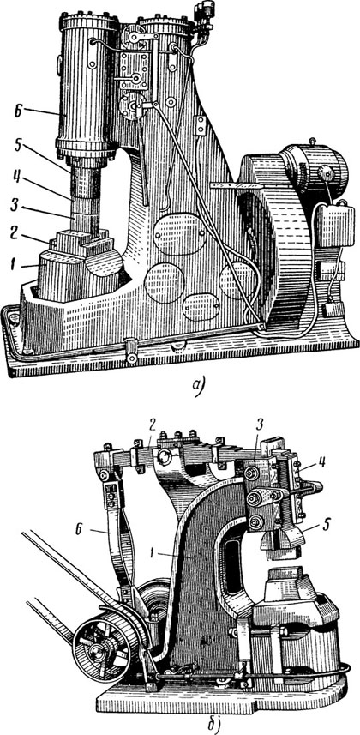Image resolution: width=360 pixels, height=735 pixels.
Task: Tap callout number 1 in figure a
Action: click(x=18, y=266)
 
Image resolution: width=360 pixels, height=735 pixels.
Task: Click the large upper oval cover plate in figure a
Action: click(x=180, y=234)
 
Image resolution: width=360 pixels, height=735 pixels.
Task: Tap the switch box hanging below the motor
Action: click(x=333, y=226)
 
